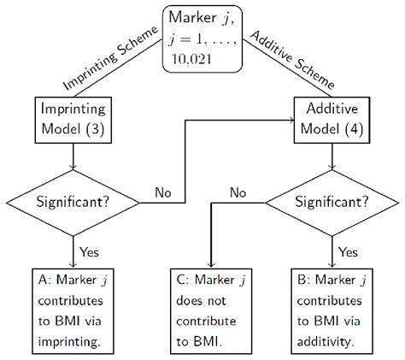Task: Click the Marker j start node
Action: pos(202,39)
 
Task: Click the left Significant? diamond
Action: pos(74,203)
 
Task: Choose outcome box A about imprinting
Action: pos(74,309)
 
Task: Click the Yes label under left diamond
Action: pos(89,252)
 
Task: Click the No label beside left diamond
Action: pos(164,194)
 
